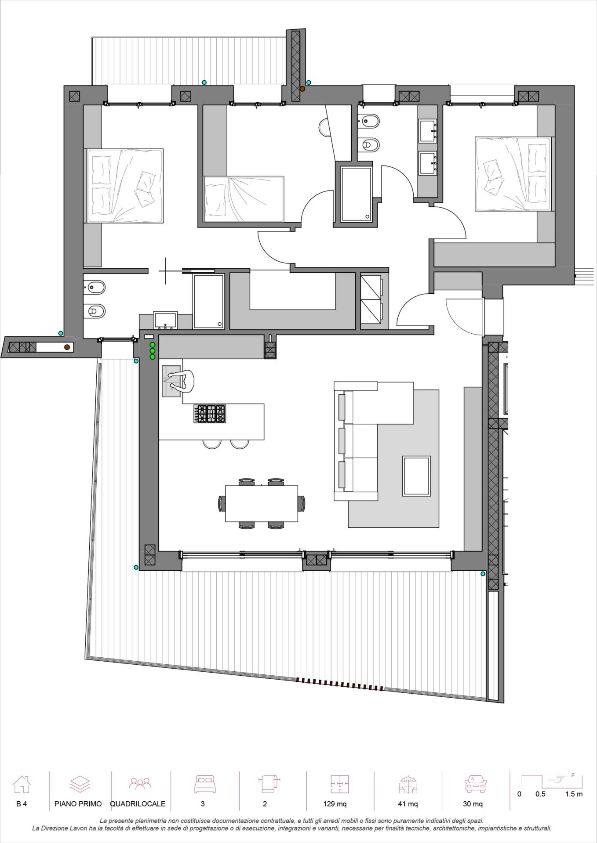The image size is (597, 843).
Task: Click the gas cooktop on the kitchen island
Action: tap(209, 414)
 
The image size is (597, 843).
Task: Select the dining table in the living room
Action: tap(262, 503)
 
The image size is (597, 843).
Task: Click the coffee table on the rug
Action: tap(416, 476)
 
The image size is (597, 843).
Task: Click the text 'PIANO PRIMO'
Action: tap(78, 804)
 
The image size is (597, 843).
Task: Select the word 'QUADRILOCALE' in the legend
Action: tap(138, 804)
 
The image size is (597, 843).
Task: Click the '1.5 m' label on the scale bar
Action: tap(574, 794)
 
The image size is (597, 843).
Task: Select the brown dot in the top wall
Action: tap(302, 89)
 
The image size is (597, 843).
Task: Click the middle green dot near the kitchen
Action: tap(153, 351)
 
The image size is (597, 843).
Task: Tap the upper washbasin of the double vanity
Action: tap(428, 131)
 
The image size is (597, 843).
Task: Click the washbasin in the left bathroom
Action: tap(165, 321)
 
